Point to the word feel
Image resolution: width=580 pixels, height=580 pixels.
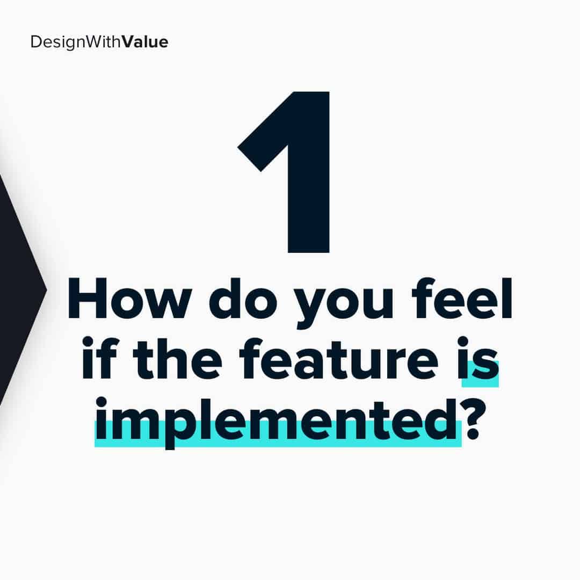(462, 298)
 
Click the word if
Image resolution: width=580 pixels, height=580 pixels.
(99, 358)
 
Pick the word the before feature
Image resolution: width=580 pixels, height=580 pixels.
(178, 359)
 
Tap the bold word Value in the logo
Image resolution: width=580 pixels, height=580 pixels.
(145, 42)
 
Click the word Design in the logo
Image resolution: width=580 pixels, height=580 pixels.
(57, 42)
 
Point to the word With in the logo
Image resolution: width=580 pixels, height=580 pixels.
(103, 42)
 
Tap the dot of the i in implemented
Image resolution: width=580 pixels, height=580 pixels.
(101, 402)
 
